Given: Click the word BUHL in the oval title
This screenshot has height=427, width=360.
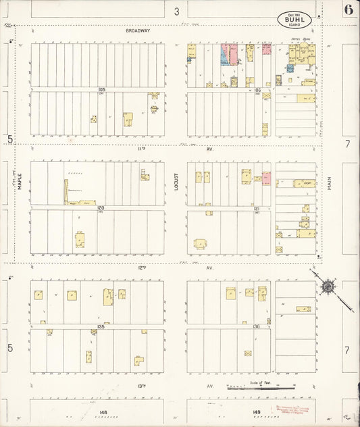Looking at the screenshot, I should (294, 21).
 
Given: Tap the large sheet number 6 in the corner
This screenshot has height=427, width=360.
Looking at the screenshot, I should (349, 9).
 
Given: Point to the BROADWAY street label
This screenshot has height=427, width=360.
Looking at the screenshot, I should (137, 31).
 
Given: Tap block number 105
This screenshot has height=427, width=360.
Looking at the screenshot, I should (102, 89).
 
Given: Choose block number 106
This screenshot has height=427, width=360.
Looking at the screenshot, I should (257, 89).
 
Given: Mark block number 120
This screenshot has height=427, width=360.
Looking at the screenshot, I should (101, 208).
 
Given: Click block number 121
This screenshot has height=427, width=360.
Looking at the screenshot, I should (257, 209).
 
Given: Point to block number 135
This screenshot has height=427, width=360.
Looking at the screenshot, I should (101, 326).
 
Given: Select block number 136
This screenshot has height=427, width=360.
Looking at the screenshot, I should (257, 326).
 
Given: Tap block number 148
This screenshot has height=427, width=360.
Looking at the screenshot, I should (103, 411).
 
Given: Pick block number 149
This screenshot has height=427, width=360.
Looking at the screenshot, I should (257, 411).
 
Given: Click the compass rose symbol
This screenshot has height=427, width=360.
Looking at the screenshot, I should (328, 286).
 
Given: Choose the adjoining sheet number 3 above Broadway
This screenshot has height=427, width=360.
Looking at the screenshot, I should (176, 11).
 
